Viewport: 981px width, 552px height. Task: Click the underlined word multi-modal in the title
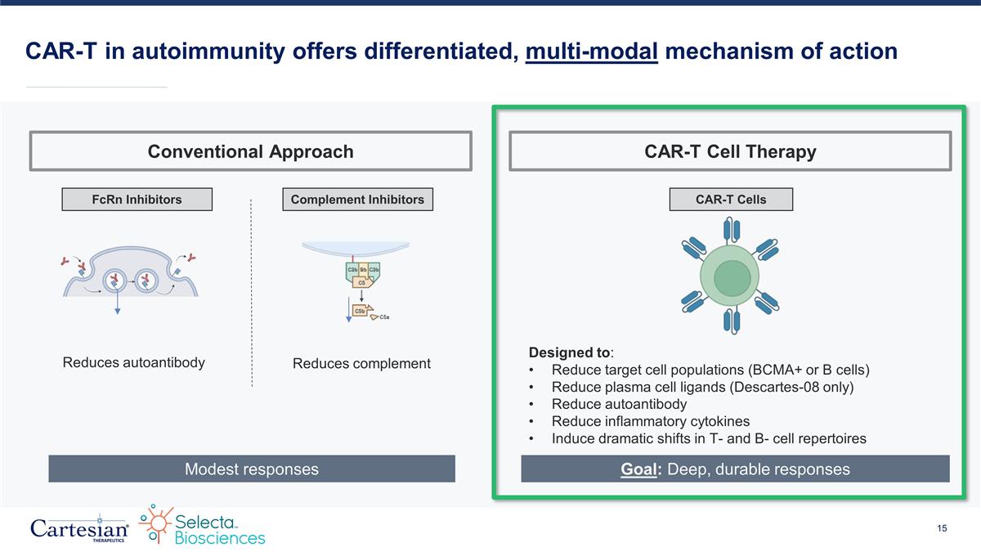coord(592,52)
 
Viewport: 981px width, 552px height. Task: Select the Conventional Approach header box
coord(250,151)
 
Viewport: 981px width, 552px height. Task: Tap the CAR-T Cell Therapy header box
coord(730,151)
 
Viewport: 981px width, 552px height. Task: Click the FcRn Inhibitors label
coord(137,200)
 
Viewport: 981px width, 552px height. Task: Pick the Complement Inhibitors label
coord(356,200)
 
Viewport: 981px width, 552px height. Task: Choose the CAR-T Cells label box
coord(730,200)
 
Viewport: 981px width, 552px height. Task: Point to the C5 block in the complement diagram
coord(361,282)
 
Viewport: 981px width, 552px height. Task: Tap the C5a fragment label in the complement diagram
coord(383,317)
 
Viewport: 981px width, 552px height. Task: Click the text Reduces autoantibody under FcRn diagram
coord(134,362)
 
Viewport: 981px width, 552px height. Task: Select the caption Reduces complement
coord(361,363)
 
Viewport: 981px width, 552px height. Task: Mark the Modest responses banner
coord(251,469)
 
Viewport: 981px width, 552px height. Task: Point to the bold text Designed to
coord(569,352)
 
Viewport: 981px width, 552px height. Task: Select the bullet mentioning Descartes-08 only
coord(702,387)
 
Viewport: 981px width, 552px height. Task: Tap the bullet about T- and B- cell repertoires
coord(709,438)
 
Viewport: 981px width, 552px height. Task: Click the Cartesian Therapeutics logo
coord(78,527)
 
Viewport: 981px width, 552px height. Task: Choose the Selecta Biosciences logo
coord(202,526)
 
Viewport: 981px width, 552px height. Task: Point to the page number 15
coord(942,528)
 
